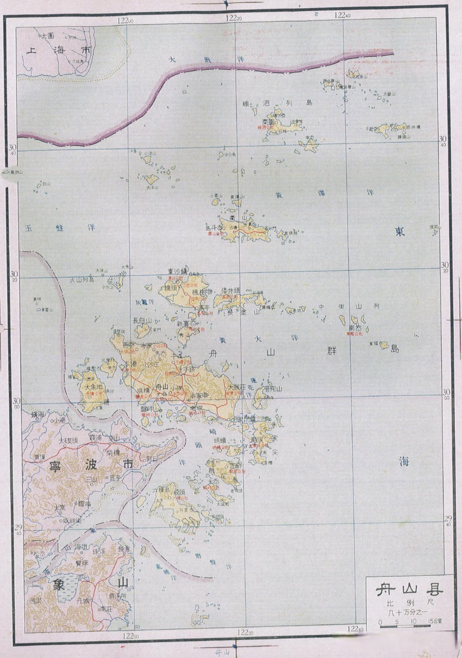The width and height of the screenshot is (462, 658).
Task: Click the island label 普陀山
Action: (x=273, y=389)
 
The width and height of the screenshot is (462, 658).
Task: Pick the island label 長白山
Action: (x=143, y=320)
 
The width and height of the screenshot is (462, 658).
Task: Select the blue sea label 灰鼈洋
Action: (x=145, y=302)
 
